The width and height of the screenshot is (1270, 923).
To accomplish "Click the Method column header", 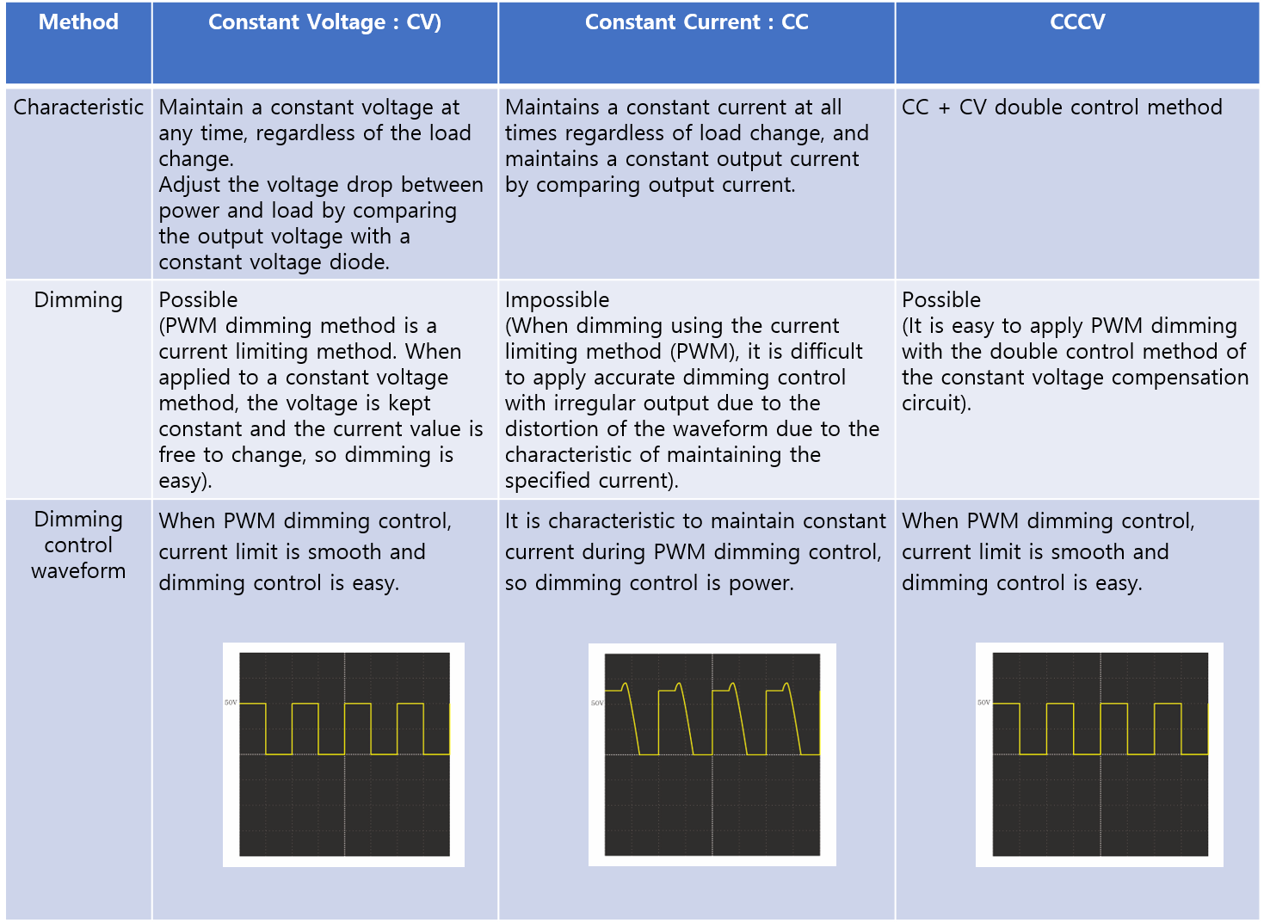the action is pyautogui.click(x=78, y=22).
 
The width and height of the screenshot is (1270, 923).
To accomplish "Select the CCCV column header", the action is pyautogui.click(x=1077, y=22).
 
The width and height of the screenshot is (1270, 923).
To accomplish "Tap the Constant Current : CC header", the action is pyautogui.click(x=697, y=22).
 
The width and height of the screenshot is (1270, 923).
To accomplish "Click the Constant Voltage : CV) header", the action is pyautogui.click(x=325, y=22).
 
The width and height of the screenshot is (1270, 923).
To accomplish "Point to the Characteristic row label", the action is pyautogui.click(x=78, y=107).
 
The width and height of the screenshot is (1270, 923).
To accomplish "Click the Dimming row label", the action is pyautogui.click(x=78, y=300).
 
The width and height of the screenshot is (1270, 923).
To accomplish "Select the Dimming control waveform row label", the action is pyautogui.click(x=78, y=545).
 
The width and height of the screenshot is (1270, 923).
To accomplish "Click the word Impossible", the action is pyautogui.click(x=557, y=300).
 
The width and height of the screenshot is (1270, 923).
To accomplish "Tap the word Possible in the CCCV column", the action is pyautogui.click(x=941, y=299).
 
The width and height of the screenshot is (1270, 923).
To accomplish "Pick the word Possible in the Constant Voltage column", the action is pyautogui.click(x=198, y=299).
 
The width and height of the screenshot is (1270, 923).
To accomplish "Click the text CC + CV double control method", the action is pyautogui.click(x=1062, y=107).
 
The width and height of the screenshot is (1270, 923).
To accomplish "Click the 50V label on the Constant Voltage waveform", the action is pyautogui.click(x=231, y=703).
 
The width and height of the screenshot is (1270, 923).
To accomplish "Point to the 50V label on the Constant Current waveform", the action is pyautogui.click(x=597, y=703).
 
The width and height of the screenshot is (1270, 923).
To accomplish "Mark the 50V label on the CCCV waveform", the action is pyautogui.click(x=983, y=703).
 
